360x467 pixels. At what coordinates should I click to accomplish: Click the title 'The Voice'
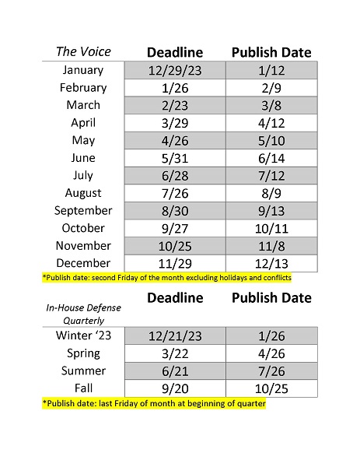(83, 52)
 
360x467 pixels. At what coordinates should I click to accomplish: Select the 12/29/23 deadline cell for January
(174, 71)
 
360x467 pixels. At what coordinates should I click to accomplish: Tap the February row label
(83, 88)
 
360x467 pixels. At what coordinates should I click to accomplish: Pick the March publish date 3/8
(271, 106)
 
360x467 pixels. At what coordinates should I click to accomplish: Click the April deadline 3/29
(174, 123)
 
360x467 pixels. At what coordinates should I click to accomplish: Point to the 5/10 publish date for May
(271, 141)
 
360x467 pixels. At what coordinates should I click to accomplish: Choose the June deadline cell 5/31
(174, 158)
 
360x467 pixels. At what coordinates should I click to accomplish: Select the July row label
(83, 175)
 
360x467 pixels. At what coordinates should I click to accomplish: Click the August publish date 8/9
(271, 193)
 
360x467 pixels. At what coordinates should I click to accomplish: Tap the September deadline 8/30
(174, 211)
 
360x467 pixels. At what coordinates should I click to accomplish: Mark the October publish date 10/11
(271, 228)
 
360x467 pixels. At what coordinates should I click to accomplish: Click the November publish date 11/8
(271, 246)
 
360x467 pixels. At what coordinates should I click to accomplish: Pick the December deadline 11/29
(174, 263)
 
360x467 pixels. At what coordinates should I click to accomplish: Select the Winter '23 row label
(83, 336)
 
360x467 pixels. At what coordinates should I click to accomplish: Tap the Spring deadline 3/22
(174, 354)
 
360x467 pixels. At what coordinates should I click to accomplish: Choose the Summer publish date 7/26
(271, 371)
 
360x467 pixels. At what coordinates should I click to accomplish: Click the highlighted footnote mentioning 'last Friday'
(148, 403)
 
